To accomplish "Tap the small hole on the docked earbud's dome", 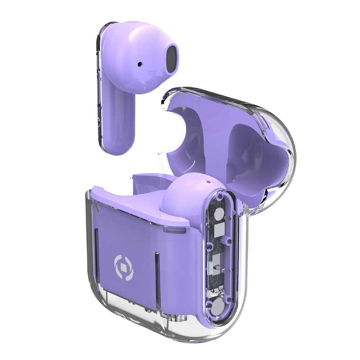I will pyautogui.click(x=208, y=182).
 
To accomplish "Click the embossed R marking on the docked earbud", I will pyautogui.click(x=198, y=177).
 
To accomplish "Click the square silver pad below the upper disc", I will pyautogui.click(x=219, y=230).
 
